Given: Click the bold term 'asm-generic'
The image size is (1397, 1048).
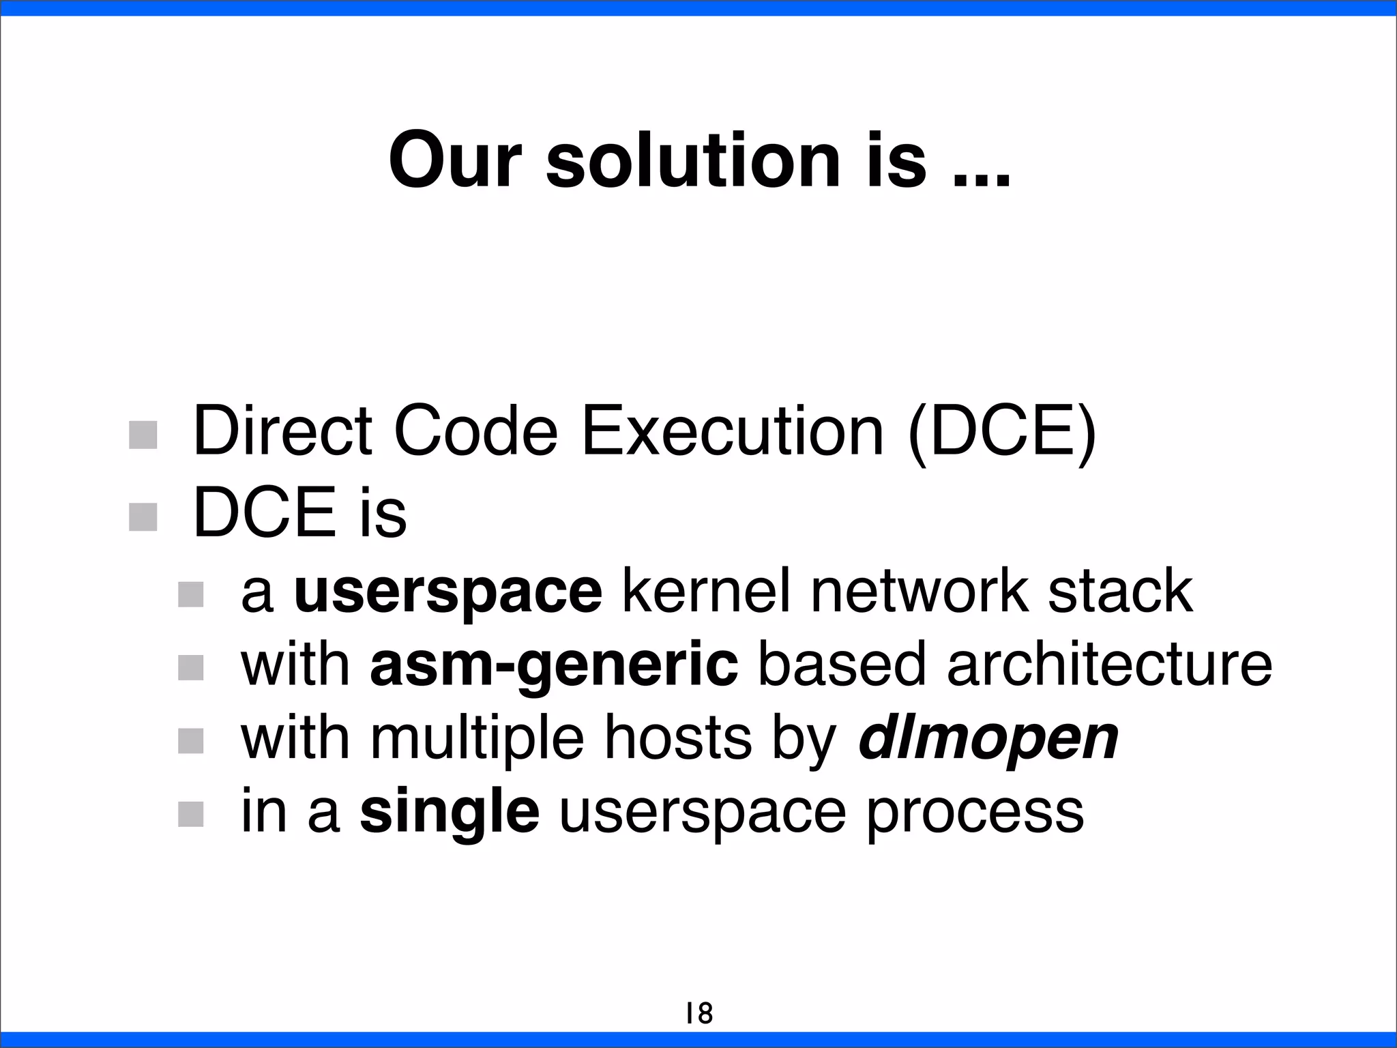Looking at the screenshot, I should [553, 665].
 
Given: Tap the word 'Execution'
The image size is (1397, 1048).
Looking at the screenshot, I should [733, 432].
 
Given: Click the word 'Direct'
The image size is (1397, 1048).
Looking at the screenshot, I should [282, 432].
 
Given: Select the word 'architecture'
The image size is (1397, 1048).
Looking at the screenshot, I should [1109, 665].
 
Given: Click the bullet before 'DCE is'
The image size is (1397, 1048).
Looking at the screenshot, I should [143, 516].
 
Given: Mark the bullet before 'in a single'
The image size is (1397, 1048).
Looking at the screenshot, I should [191, 814].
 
